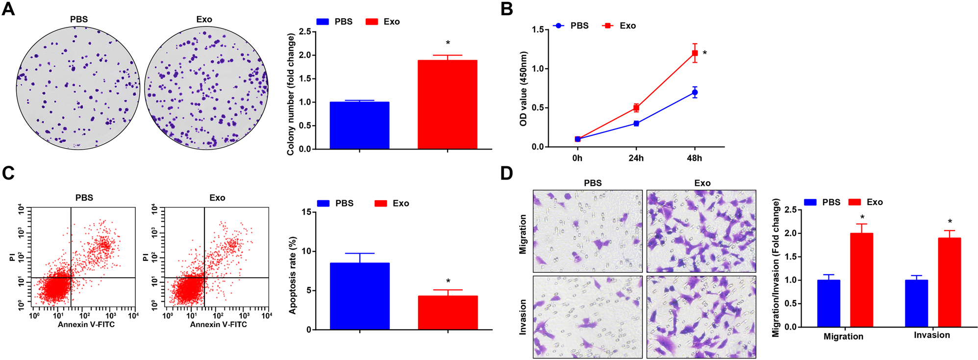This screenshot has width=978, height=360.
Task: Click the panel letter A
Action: click(8, 9)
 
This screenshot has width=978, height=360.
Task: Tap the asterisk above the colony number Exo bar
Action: click(448, 43)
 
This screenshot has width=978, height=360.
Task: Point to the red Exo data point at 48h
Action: click(695, 53)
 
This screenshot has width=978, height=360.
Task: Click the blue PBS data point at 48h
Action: click(695, 92)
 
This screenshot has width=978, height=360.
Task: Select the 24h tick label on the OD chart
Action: click(636, 158)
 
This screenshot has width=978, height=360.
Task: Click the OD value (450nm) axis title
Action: click(524, 88)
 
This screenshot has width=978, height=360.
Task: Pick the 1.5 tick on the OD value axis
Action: click(538, 29)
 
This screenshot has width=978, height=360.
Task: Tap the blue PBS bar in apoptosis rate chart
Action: click(359, 296)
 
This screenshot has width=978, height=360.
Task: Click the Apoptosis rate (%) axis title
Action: click(293, 275)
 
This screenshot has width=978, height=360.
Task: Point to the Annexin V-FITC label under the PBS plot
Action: click(86, 324)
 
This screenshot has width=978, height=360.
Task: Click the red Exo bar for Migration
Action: click(861, 280)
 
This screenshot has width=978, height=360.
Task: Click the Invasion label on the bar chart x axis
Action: click(931, 335)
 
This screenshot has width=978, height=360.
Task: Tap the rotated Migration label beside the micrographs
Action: click(523, 234)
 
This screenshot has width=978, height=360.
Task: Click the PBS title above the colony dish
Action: click(79, 19)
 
